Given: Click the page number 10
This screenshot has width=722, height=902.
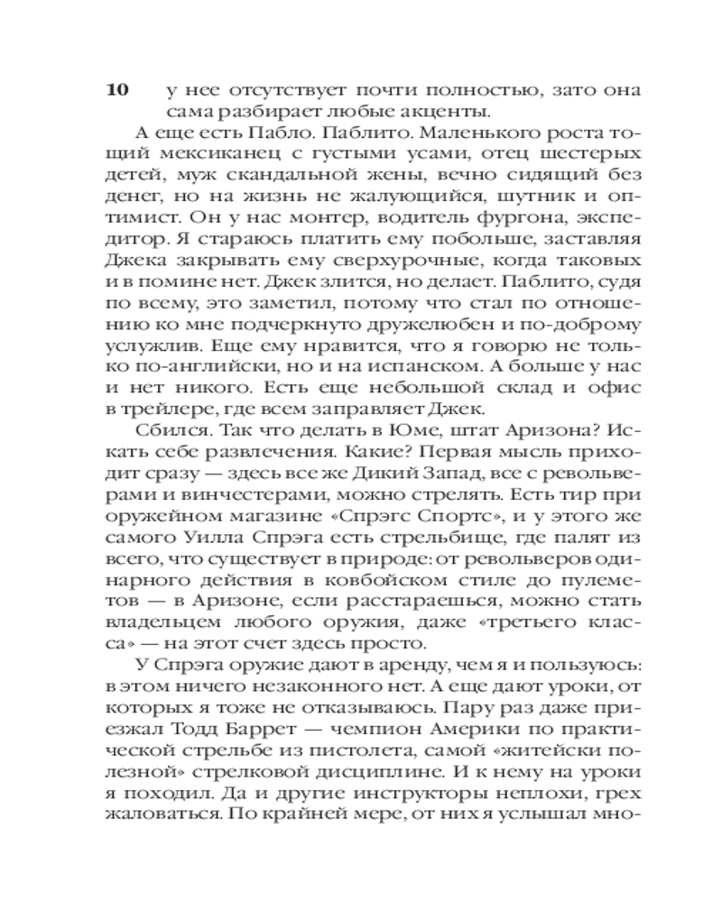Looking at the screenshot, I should pos(119,90).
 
